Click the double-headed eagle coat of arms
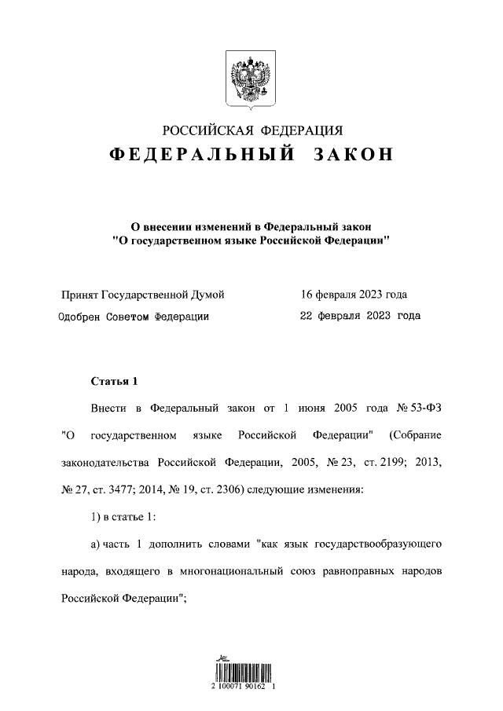[x=251, y=79]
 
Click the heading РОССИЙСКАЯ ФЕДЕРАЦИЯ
[x=251, y=130]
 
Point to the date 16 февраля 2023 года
[x=354, y=295]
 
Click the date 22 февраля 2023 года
[x=360, y=316]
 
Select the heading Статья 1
[x=114, y=382]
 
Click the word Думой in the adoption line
[x=208, y=295]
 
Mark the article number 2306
[x=227, y=489]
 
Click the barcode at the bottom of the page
[x=244, y=672]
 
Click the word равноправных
[x=357, y=570]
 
